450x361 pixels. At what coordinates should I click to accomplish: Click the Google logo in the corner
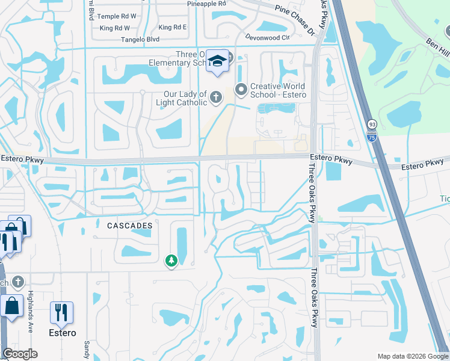[x=20, y=354]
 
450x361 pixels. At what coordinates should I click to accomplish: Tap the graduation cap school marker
[x=217, y=61]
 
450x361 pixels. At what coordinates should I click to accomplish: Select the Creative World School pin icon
[x=241, y=90]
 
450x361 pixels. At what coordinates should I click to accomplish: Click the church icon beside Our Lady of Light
[x=215, y=97]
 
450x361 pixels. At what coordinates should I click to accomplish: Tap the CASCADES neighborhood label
[x=129, y=225]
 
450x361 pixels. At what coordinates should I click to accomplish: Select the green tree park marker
[x=171, y=261]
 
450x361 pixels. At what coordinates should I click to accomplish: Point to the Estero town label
[x=63, y=333]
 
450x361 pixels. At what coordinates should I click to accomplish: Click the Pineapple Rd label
[x=206, y=4]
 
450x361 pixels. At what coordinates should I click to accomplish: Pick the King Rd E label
[x=173, y=27]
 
